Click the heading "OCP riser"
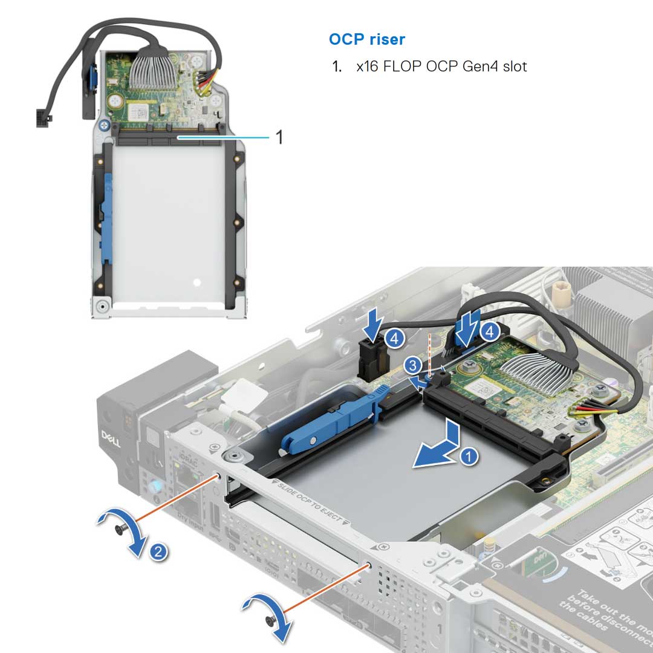[367, 40]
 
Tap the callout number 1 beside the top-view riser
[279, 138]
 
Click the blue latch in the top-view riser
[108, 218]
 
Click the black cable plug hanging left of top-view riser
[45, 117]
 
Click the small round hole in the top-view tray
[195, 282]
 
